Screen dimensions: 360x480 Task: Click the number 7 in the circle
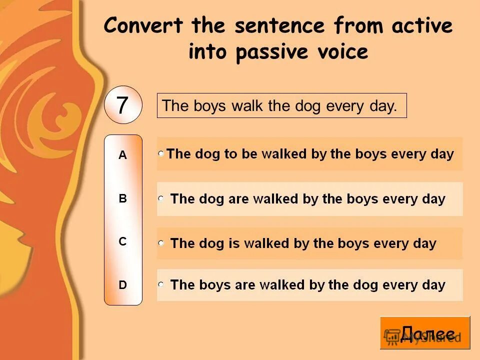coord(122,105)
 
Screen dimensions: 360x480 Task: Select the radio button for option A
coord(161,153)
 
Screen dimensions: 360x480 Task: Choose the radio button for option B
coord(161,198)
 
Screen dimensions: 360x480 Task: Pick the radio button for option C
coord(161,243)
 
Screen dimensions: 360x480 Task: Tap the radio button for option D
coord(161,284)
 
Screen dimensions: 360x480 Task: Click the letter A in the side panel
coord(122,155)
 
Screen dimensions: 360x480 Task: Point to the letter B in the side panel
coord(122,198)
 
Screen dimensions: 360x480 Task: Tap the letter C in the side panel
coord(122,241)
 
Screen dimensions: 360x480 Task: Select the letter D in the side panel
coord(122,285)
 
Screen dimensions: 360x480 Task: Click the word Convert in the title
coord(143,26)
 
